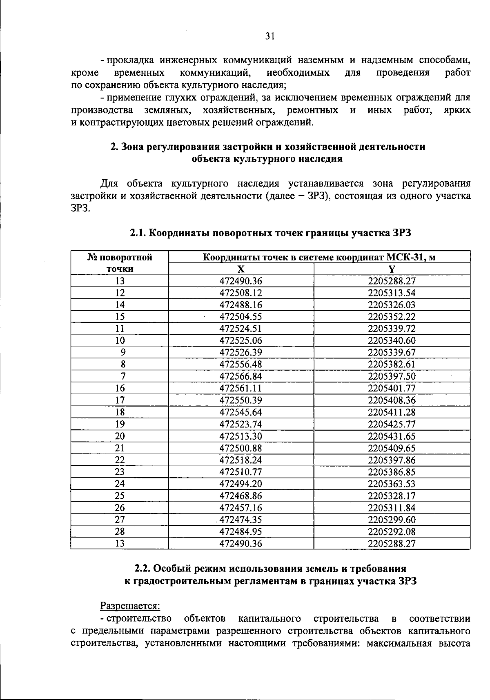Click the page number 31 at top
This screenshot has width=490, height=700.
point(270,36)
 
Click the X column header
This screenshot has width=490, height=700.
point(241,269)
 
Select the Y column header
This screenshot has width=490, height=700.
point(392,269)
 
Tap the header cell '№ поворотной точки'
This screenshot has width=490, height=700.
point(120,263)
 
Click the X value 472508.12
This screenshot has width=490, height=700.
point(241,293)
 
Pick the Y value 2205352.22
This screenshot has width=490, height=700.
point(392,317)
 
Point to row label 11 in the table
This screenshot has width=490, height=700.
point(120,329)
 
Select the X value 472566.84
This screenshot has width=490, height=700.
point(241,376)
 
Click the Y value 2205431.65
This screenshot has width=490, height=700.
point(392,436)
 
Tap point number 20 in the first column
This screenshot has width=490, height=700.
point(120,436)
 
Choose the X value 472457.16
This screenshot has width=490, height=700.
point(241,508)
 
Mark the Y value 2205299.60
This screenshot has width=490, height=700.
point(392,520)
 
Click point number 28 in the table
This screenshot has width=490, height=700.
point(120,531)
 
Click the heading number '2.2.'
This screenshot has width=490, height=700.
point(143,568)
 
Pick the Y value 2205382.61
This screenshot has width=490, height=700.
point(392,364)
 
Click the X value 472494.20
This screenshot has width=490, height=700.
point(241,484)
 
